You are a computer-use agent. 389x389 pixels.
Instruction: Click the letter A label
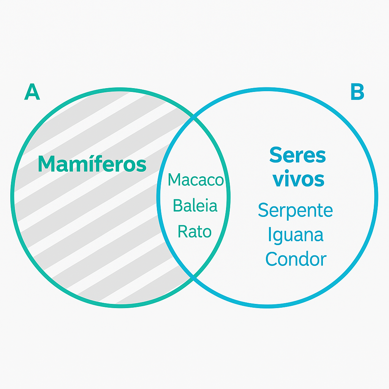tap(32, 92)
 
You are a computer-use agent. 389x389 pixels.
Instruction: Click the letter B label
tap(357, 92)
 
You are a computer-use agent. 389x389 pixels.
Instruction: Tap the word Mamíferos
tap(92, 164)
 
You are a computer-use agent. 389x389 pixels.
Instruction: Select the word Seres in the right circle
tap(297, 155)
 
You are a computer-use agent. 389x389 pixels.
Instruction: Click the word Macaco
tap(195, 180)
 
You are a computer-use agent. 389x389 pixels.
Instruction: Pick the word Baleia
tap(195, 206)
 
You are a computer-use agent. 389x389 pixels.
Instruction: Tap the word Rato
tap(194, 231)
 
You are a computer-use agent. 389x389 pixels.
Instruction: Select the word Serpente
tap(295, 210)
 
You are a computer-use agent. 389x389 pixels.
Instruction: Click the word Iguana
tap(296, 235)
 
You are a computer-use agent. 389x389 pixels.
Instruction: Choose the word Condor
tap(296, 259)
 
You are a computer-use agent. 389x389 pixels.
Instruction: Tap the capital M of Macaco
tap(174, 180)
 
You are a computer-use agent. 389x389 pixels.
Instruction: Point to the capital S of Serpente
tap(263, 210)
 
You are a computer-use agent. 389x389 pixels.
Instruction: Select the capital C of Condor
tap(271, 259)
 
